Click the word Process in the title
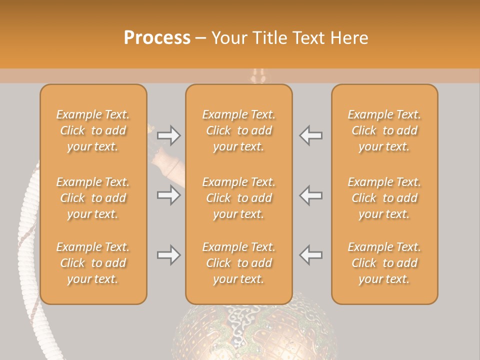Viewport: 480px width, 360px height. click(x=157, y=38)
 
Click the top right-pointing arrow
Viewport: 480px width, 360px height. click(x=169, y=135)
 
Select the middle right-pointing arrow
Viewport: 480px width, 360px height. click(x=169, y=195)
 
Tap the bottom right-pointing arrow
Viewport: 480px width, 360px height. click(x=169, y=255)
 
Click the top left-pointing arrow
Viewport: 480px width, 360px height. click(x=310, y=135)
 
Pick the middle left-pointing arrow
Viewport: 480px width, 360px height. click(x=310, y=195)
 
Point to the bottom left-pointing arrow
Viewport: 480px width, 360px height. click(x=310, y=255)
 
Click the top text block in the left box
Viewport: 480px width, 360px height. click(x=93, y=130)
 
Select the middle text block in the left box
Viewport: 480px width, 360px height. click(x=93, y=198)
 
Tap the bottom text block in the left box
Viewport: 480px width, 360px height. click(x=93, y=263)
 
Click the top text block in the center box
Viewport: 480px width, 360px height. click(x=238, y=130)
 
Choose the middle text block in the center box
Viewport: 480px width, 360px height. click(x=238, y=198)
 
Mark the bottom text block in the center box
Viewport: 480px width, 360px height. click(x=238, y=263)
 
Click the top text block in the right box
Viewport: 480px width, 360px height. click(x=384, y=130)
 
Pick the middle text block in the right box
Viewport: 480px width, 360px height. click(x=384, y=198)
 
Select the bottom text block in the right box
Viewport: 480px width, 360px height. click(x=384, y=263)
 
